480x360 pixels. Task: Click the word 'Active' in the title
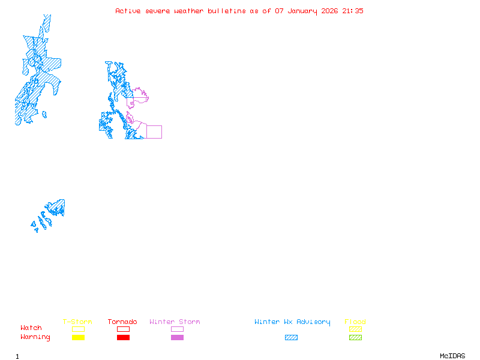[x=128, y=11]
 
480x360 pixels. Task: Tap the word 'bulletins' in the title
[x=227, y=11]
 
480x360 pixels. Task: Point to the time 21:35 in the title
[x=353, y=11]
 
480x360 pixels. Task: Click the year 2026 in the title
[x=329, y=11]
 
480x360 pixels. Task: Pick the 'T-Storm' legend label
[x=77, y=322]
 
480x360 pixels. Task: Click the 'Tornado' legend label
[x=122, y=322]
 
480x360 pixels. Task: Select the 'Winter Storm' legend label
[x=175, y=322]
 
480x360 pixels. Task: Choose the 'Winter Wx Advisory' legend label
[x=292, y=322]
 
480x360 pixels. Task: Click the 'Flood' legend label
[x=355, y=322]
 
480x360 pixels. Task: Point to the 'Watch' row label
[x=31, y=328]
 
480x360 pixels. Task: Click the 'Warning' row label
[x=35, y=337]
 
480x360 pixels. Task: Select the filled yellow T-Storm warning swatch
[x=78, y=338]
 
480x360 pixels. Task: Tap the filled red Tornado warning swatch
[x=123, y=338]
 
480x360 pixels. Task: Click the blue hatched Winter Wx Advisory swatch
[x=291, y=338]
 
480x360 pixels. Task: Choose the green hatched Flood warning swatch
[x=355, y=338]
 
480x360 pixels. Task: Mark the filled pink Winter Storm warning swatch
[x=177, y=338]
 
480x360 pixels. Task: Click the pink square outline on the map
[x=154, y=132]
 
